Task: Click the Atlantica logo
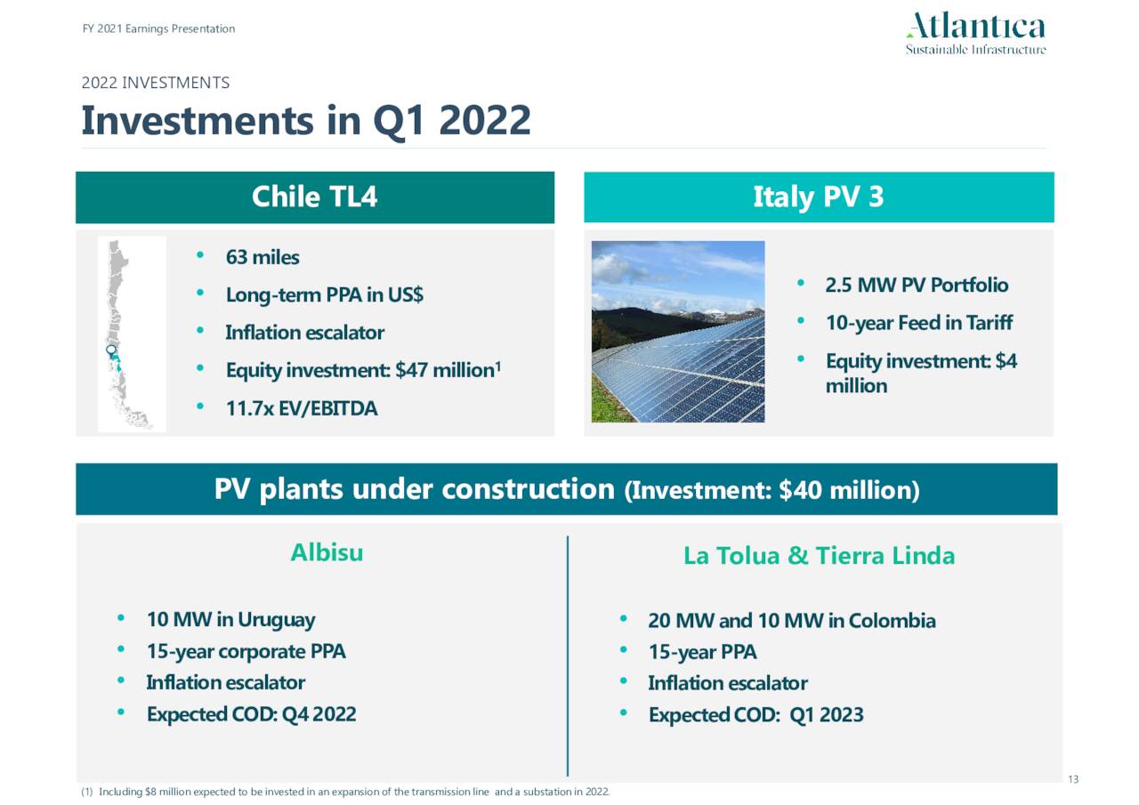coord(975,34)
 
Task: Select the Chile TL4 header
coord(314,197)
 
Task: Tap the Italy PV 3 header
coord(818,197)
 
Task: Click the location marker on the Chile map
coord(111,350)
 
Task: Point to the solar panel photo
coord(678,332)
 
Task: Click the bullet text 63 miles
coord(262,257)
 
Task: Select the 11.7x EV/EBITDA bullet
coord(301,408)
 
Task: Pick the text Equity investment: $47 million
coord(359,370)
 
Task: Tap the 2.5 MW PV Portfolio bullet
coord(916,285)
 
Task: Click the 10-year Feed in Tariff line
coord(918,322)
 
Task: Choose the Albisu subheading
coord(327,552)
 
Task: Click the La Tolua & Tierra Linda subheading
coord(819,556)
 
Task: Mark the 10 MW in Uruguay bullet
coord(230,619)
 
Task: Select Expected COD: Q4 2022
coord(251,713)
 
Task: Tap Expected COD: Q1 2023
coord(755,714)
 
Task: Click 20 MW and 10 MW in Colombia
coord(791,620)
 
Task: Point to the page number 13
coord(1072,780)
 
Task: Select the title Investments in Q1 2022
coord(306,120)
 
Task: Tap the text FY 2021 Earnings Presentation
coord(158,28)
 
